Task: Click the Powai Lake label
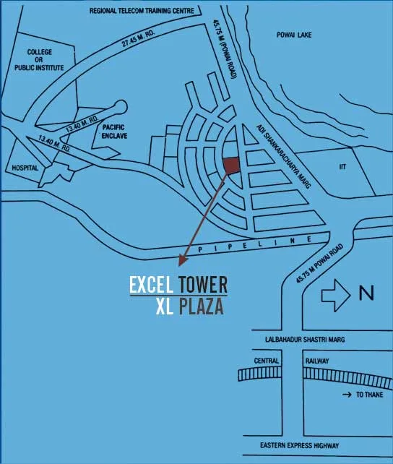(293, 35)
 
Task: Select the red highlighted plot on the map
(230, 166)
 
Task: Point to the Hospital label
(25, 167)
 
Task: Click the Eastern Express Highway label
(295, 446)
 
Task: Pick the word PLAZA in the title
(202, 306)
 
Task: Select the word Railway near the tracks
(316, 360)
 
